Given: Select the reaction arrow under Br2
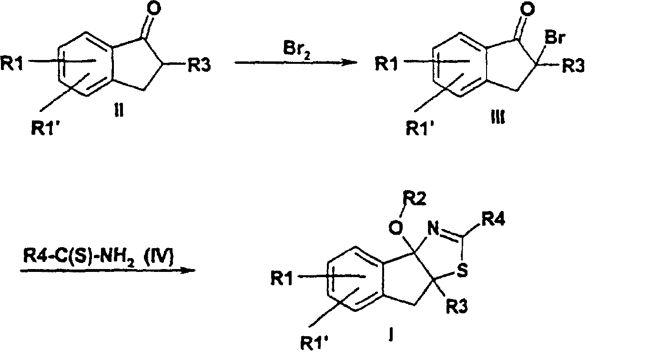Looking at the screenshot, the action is tap(295, 62).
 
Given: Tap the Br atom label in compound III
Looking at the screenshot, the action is tap(555, 38).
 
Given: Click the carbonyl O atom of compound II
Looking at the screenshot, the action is tap(154, 9).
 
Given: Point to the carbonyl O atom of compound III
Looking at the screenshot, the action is tap(527, 9).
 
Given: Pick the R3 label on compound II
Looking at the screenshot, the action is tap(199, 65).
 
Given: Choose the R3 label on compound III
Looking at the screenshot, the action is tap(573, 66).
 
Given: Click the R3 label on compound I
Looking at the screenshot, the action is tap(457, 307).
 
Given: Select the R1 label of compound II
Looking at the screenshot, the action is tap(11, 63).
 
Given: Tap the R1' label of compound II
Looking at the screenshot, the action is tap(45, 128).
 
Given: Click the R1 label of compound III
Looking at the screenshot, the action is tap(386, 64).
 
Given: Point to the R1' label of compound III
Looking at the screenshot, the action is tap(420, 128).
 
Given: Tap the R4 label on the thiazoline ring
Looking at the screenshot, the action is tap(493, 219).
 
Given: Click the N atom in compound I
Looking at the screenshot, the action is tap(433, 229).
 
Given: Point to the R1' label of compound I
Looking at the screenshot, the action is tap(315, 343).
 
